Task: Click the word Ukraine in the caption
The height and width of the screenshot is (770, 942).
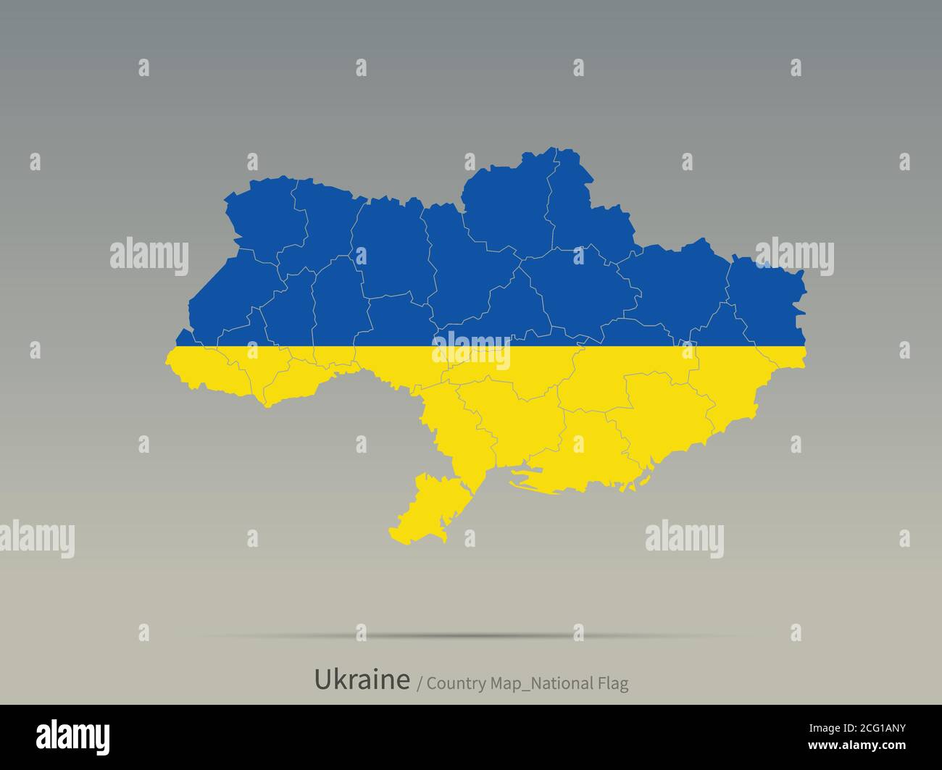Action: tap(362, 679)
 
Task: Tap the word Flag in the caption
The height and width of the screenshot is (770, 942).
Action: tap(613, 683)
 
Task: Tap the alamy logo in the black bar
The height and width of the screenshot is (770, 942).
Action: tap(73, 736)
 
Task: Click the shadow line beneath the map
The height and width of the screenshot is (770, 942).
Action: tap(471, 636)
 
